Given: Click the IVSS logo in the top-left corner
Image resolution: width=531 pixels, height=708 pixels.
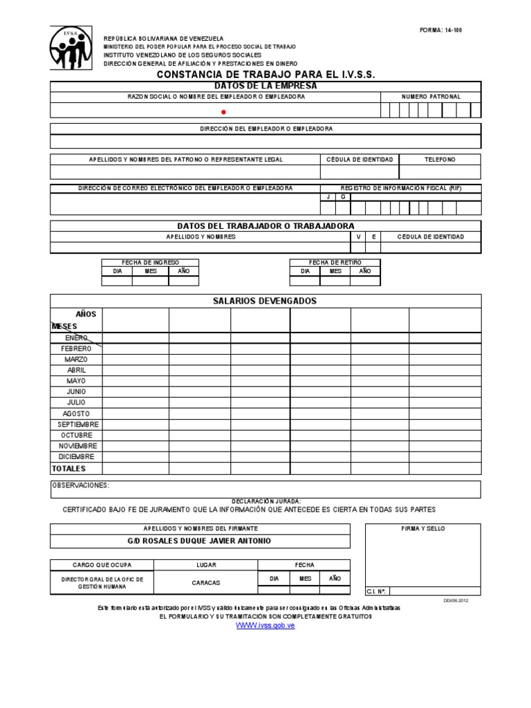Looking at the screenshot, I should [x=71, y=48].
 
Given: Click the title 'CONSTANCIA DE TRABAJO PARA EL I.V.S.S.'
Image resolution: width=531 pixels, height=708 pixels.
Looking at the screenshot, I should [x=266, y=74].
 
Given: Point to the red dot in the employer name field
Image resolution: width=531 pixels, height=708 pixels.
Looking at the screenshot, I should [x=223, y=111].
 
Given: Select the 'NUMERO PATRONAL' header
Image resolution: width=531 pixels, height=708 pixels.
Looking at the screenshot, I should [x=431, y=97].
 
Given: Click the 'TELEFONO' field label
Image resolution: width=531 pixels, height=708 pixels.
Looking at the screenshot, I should [x=440, y=160].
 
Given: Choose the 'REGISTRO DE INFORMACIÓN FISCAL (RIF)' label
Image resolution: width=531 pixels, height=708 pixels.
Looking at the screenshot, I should [x=400, y=188].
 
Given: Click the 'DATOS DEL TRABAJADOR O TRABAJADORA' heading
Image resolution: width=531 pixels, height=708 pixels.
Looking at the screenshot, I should [x=265, y=226].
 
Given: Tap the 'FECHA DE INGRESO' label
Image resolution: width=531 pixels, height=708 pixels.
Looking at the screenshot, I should [x=150, y=263].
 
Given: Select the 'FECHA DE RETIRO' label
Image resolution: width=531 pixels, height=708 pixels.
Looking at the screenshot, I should [x=335, y=263].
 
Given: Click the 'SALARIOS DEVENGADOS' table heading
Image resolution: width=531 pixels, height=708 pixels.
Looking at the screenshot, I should [x=265, y=301].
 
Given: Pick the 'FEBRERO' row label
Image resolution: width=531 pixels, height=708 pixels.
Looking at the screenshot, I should [x=76, y=348].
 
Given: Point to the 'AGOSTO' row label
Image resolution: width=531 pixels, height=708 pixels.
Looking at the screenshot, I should [x=76, y=413].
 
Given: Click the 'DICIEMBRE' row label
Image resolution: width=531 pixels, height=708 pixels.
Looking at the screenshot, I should [x=76, y=457].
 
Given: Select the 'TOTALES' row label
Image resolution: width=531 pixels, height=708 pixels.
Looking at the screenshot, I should [x=69, y=469].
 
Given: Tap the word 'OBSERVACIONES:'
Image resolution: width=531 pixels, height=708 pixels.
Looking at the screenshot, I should [x=81, y=485].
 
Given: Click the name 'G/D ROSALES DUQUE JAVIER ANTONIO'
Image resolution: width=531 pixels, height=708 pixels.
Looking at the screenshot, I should [x=200, y=541].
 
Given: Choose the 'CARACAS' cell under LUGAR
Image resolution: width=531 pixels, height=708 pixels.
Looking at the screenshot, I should [x=206, y=583].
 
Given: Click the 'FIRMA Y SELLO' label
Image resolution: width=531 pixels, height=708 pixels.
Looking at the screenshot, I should [x=423, y=529].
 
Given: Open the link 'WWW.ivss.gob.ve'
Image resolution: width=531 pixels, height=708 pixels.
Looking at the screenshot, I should [x=265, y=625].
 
